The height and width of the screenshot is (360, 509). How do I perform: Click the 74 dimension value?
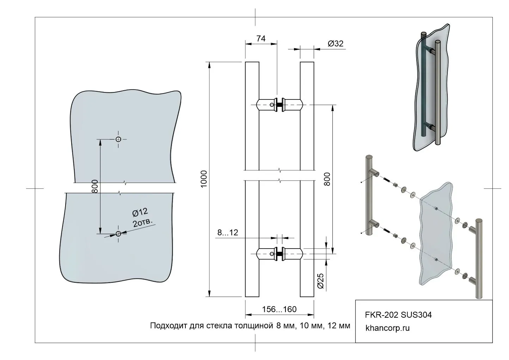tap(261, 39)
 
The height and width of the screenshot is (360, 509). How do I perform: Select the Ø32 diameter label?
tap(335, 43)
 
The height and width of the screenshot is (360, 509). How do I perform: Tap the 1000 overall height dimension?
tap(204, 179)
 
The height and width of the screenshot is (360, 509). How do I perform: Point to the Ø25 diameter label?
tap(320, 281)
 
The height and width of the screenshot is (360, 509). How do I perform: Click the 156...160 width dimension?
tap(279, 309)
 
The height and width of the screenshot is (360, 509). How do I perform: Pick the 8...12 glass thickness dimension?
tap(228, 232)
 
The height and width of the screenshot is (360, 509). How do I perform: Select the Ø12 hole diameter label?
tap(140, 212)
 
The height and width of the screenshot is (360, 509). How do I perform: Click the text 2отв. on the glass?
tap(143, 222)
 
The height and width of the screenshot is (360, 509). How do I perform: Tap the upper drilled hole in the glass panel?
tap(118, 139)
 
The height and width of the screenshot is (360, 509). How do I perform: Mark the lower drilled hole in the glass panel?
tap(118, 234)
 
